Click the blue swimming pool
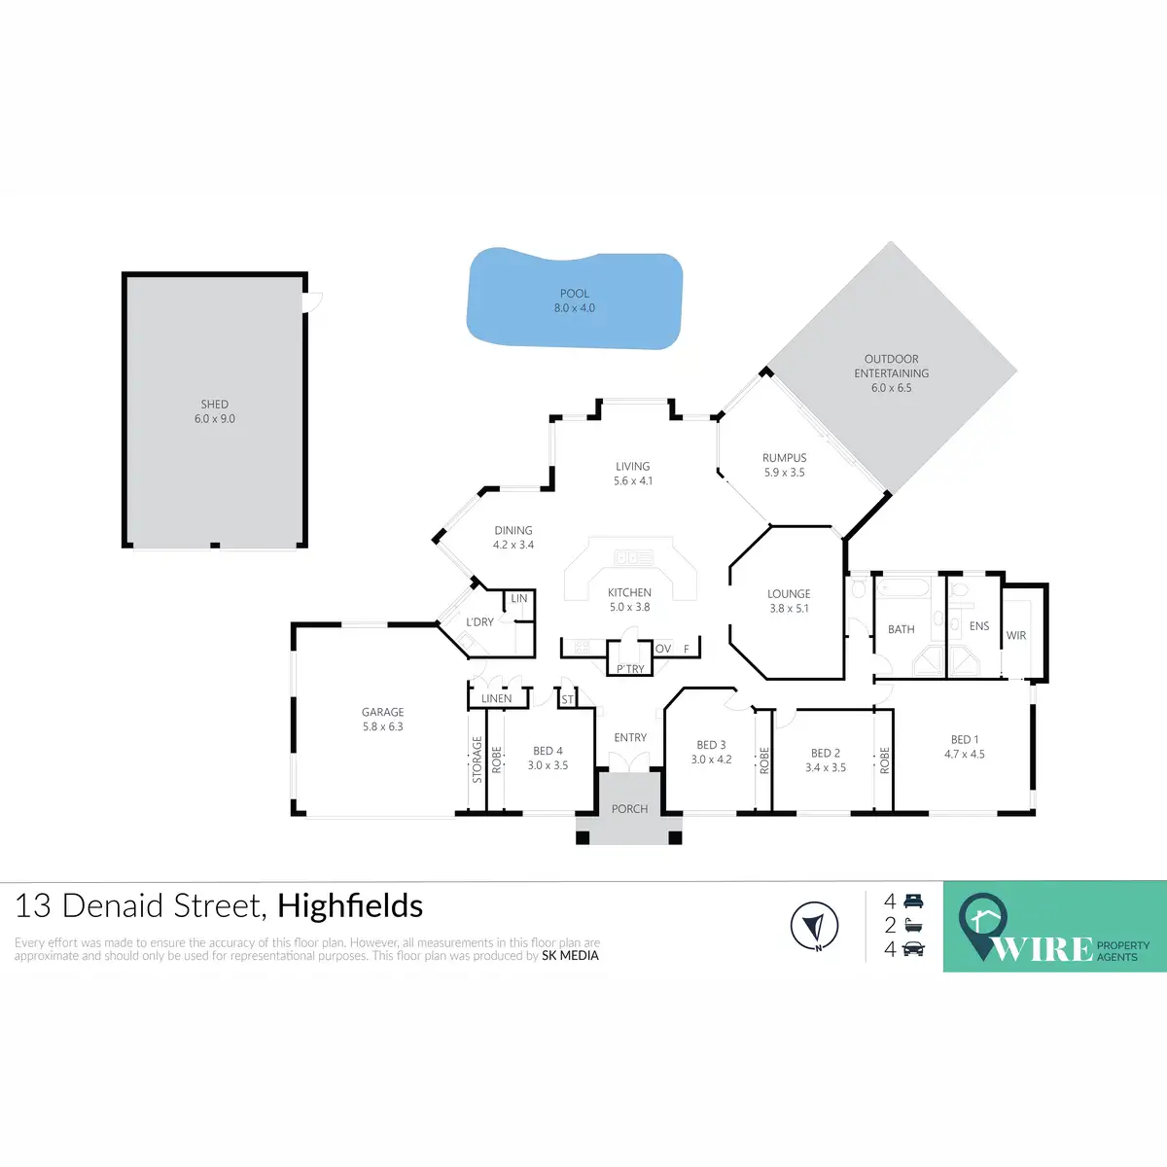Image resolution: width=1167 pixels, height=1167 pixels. coord(574,300)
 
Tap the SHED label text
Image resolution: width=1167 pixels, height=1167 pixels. coord(215,405)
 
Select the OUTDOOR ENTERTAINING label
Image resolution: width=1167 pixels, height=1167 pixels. coord(892,366)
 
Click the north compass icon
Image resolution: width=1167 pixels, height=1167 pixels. coord(814,926)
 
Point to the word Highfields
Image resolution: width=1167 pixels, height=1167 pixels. coord(350,906)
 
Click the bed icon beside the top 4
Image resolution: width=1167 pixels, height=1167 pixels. coord(913,902)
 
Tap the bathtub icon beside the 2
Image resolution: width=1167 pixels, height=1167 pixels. coord(913,926)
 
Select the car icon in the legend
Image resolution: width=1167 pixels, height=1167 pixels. coord(913,949)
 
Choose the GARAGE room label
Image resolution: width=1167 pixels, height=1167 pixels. coord(382,712)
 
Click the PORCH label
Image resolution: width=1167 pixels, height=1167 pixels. coord(629,809)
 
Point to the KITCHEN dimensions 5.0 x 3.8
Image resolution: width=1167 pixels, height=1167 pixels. coord(629,607)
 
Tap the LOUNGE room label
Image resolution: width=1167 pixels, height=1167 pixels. coord(789,593)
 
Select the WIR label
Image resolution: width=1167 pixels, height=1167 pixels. coord(1016,635)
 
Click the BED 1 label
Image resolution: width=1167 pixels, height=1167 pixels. coord(965,740)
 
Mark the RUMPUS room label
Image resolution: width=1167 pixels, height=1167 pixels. coord(785,458)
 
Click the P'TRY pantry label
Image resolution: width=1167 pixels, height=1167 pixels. coord(630,669)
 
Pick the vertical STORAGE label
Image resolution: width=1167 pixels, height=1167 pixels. coord(477,760)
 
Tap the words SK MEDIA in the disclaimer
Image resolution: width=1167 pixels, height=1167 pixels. coord(570,956)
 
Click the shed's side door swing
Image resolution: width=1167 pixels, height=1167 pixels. coord(313,302)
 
